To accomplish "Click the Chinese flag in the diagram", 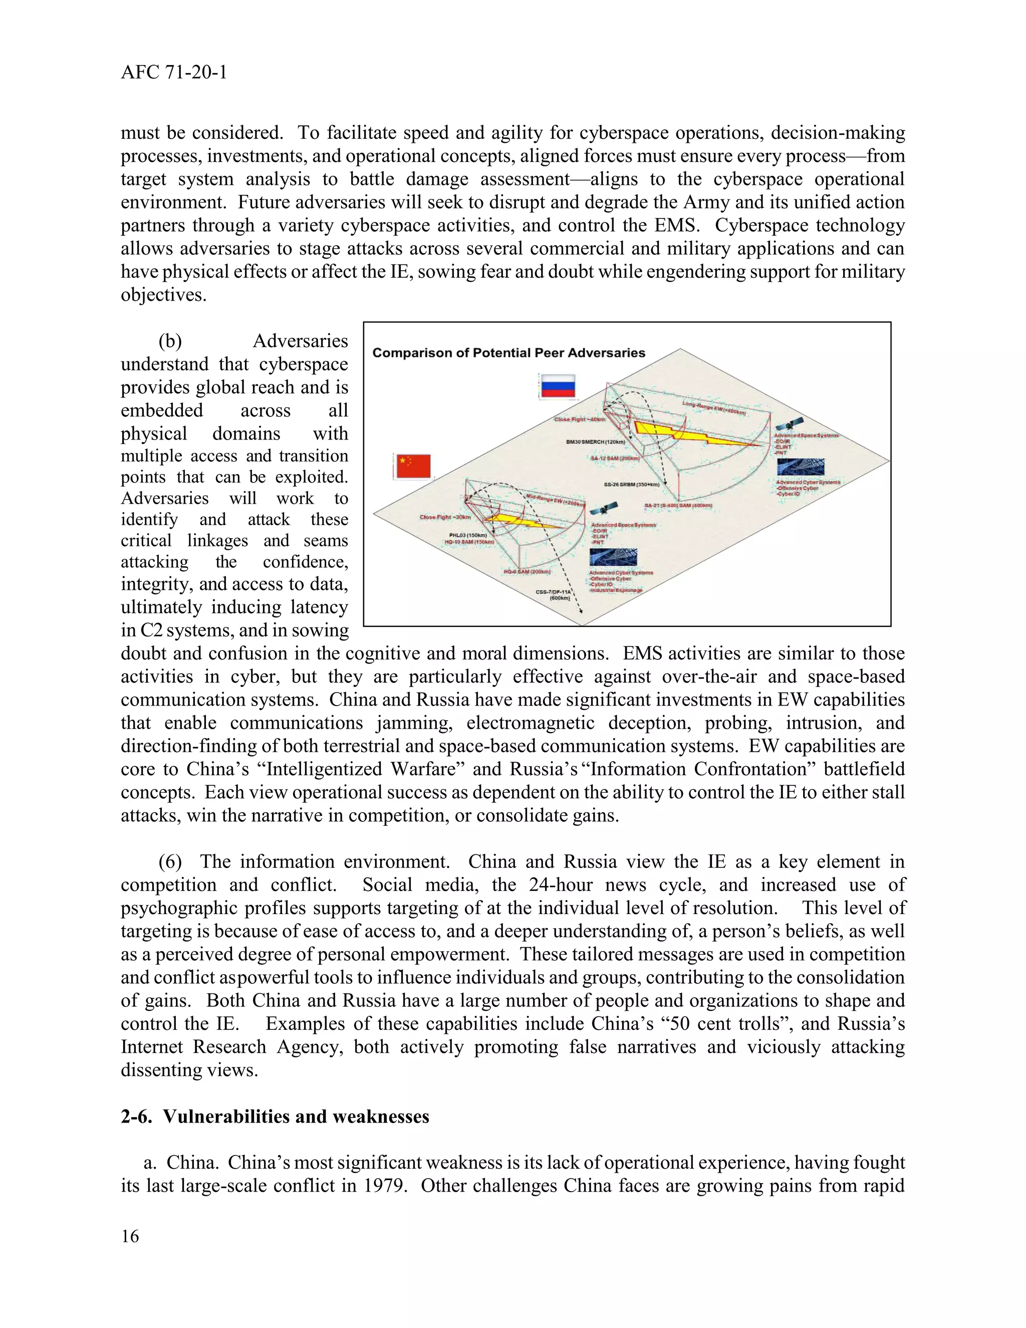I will (413, 467).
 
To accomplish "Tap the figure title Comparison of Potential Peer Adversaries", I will (509, 353).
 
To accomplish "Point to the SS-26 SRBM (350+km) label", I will (632, 485).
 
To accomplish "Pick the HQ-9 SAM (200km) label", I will (527, 572).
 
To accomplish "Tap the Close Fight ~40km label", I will (580, 419).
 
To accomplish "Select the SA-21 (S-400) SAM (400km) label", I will (678, 505).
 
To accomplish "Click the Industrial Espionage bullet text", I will (616, 590).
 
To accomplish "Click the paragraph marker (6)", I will (170, 861).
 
